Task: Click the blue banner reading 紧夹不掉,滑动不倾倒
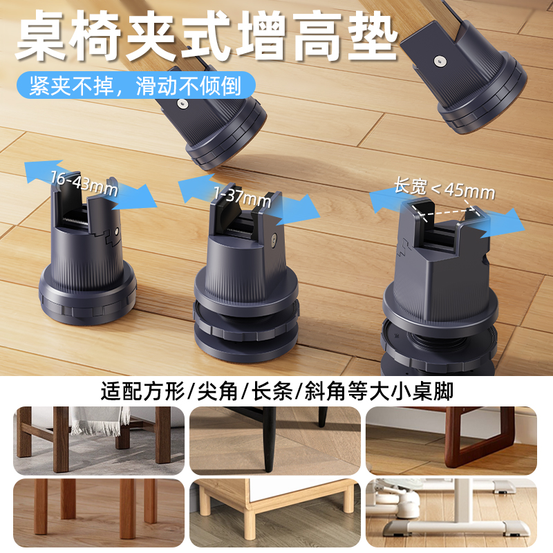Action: [135, 87]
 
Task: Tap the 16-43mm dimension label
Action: [84, 182]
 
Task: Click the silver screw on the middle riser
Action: [275, 240]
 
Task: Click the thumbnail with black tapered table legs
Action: [275, 440]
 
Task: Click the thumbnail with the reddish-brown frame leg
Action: [451, 440]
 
